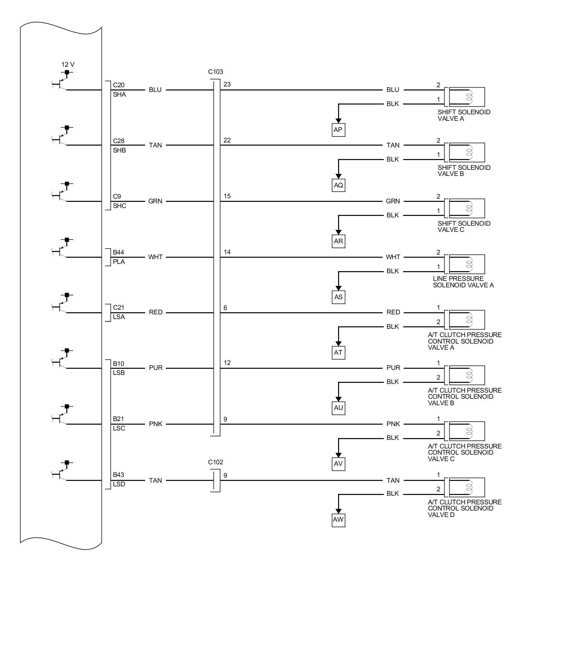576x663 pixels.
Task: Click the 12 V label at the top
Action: click(68, 65)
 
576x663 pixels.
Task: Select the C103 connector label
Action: click(215, 72)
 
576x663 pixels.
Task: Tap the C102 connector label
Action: click(215, 462)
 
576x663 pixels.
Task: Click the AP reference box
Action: click(338, 130)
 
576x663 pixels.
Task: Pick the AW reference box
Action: click(338, 520)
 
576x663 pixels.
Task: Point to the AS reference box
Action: click(338, 297)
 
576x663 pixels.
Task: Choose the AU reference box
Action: click(338, 408)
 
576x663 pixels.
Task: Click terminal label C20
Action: click(118, 85)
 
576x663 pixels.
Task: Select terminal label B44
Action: click(118, 252)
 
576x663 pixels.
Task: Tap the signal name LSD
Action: click(119, 484)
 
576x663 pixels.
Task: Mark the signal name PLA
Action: click(119, 262)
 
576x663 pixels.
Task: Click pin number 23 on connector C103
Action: click(227, 84)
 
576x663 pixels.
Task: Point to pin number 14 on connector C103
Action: click(227, 252)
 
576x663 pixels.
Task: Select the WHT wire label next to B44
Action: click(155, 257)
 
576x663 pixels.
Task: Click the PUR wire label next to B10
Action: click(156, 368)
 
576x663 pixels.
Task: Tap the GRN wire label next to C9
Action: click(155, 201)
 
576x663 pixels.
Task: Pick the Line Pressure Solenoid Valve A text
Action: click(463, 282)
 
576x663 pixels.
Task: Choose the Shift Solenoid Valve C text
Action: click(464, 226)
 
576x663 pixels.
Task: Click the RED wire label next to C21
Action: click(156, 312)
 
